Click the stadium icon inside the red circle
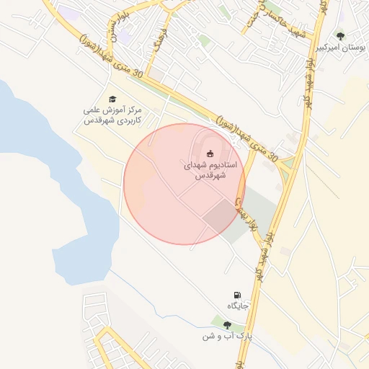point(210,153)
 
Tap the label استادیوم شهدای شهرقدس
point(210,170)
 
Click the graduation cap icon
point(112,99)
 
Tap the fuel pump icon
point(237,295)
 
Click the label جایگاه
point(238,306)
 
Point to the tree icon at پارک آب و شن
point(228,325)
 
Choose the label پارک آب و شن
point(227,337)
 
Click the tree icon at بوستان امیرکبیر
point(340,35)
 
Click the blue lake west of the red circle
point(65,202)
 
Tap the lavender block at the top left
point(68,13)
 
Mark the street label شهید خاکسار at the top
point(261,18)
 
